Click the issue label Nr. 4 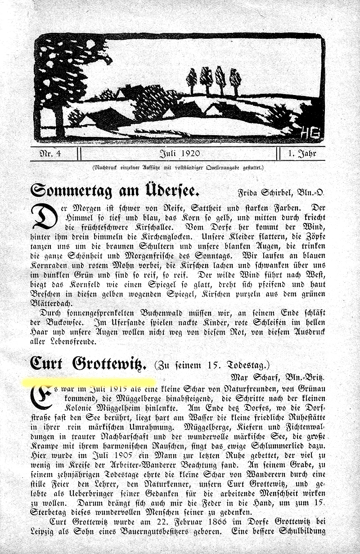point(49,154)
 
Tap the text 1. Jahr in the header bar point(302,154)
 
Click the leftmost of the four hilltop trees point(192,80)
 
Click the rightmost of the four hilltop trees point(235,80)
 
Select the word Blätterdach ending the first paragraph point(54,304)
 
